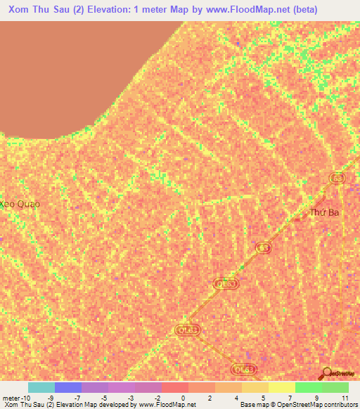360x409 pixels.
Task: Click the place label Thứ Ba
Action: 325,212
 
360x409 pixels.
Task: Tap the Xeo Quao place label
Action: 19,204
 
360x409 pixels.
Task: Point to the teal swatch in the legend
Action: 41,387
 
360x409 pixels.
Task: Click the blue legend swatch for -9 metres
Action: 67,387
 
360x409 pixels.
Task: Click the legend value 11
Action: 345,397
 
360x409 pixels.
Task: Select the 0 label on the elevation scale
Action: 182,397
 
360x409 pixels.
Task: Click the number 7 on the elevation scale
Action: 290,397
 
